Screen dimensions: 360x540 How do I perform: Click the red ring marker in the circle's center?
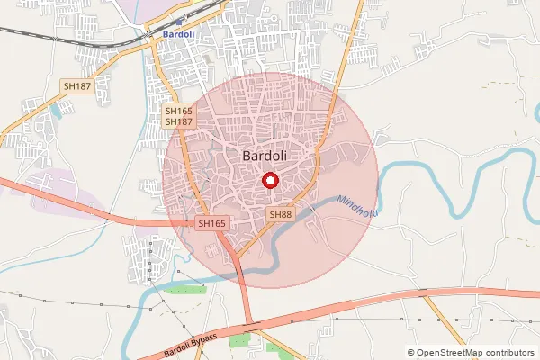tap(270, 181)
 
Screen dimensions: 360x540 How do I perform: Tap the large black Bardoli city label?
tap(265, 156)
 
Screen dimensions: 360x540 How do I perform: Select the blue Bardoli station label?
tap(181, 33)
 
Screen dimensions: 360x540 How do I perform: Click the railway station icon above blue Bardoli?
tap(182, 20)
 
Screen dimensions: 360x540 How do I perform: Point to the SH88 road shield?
tap(281, 213)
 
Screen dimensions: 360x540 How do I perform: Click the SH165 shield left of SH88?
tap(211, 222)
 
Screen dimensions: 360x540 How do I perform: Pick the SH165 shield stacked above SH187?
tap(177, 111)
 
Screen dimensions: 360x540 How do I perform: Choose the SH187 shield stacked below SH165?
tap(177, 121)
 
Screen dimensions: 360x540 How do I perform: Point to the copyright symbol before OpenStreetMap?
tap(411, 352)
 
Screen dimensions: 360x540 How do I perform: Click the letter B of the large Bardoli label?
tap(247, 156)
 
